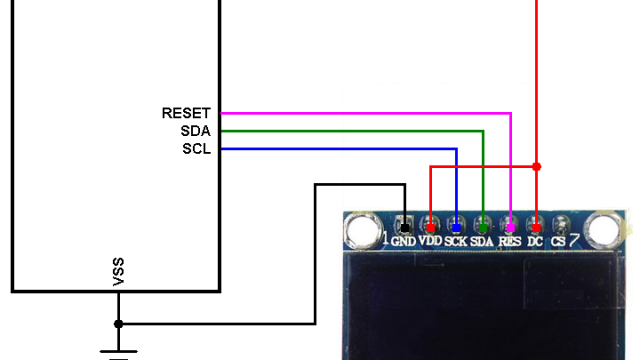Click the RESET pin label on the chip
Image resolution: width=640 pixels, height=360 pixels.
pyautogui.click(x=186, y=114)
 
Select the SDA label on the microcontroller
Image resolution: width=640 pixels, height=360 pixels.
pyautogui.click(x=196, y=132)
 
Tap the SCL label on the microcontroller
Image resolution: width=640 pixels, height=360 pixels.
pyautogui.click(x=196, y=150)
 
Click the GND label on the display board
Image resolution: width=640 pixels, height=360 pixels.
pyautogui.click(x=403, y=241)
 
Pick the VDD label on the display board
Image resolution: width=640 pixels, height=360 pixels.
pyautogui.click(x=430, y=241)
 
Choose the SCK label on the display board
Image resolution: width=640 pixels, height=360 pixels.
pyautogui.click(x=456, y=241)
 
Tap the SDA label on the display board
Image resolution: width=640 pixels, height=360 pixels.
pyautogui.click(x=483, y=241)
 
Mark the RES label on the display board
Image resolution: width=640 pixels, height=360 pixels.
pyautogui.click(x=510, y=241)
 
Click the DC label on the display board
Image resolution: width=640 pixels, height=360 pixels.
pyautogui.click(x=535, y=241)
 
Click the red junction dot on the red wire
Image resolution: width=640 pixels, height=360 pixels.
pyautogui.click(x=536, y=166)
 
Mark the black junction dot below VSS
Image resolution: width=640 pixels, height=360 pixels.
pyautogui.click(x=119, y=324)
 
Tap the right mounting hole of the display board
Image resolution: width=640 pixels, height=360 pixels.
pyautogui.click(x=602, y=232)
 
